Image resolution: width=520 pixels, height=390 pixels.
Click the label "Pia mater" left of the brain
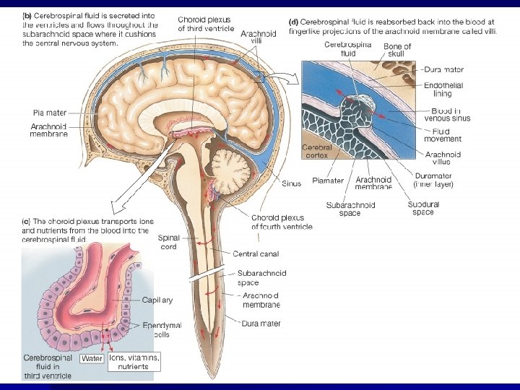[50, 112]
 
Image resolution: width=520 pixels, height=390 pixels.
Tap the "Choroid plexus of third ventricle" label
[206, 23]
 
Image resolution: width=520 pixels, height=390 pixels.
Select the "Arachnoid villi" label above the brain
[257, 37]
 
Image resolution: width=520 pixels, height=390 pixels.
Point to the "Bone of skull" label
[396, 51]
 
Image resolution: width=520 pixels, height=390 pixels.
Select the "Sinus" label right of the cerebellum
[291, 183]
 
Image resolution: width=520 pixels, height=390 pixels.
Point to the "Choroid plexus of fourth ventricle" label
[282, 222]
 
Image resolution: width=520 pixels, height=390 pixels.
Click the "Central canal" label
[255, 253]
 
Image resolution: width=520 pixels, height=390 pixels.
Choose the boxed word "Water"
[92, 358]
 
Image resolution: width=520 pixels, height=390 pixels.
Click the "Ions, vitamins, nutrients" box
[134, 362]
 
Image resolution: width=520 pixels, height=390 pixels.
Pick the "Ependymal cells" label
[162, 329]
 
